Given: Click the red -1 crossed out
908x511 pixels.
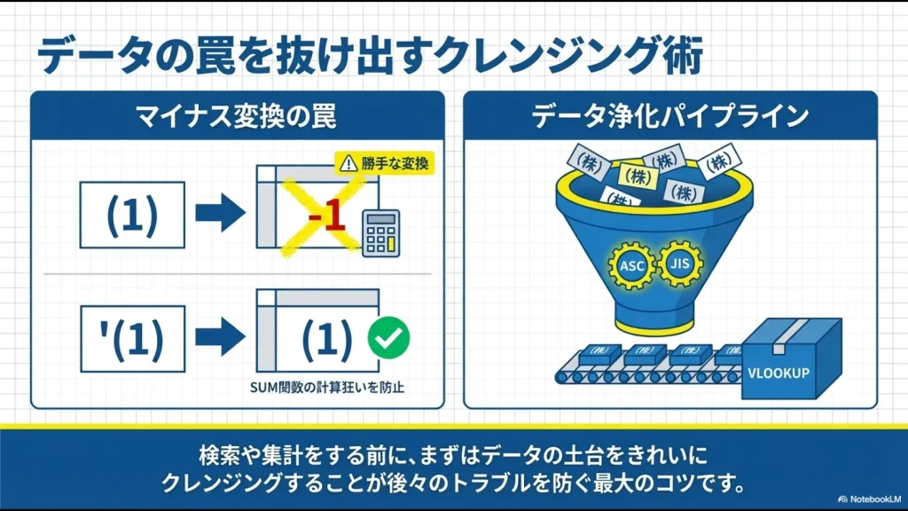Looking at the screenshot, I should pos(325,218).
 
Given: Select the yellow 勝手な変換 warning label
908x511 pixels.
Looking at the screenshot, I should pos(385,162).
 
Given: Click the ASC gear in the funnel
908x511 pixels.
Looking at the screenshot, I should pos(631,263).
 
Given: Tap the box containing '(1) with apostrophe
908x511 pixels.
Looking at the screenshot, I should pos(132,338).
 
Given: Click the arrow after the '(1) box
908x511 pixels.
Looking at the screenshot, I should pos(219,338).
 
